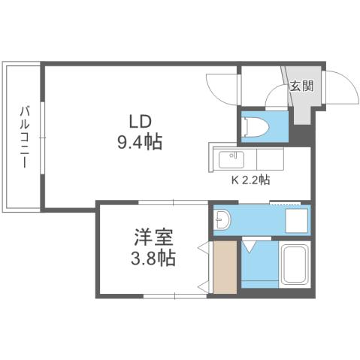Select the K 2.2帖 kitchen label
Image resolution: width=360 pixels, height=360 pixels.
click(250, 181)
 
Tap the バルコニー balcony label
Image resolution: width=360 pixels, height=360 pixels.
click(23, 138)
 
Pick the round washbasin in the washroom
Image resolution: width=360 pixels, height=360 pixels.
click(222, 219)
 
